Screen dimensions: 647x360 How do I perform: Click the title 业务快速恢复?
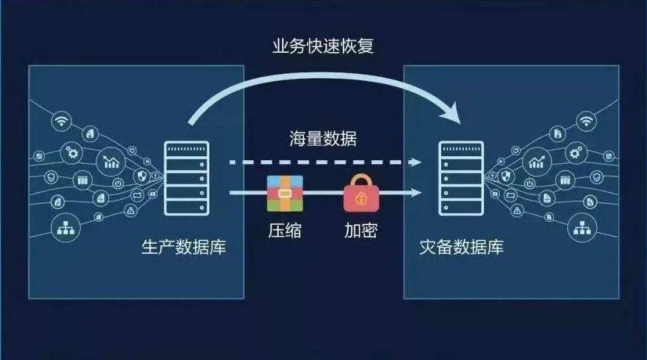pyautogui.click(x=323, y=46)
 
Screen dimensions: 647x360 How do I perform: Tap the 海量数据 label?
pyautogui.click(x=323, y=138)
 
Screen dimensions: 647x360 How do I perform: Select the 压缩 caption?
pyautogui.click(x=285, y=230)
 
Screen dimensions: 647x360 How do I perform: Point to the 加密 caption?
pyautogui.click(x=361, y=230)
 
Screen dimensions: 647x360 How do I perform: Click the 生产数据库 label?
pyautogui.click(x=184, y=247)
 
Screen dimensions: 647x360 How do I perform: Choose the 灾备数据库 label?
pyautogui.click(x=461, y=247)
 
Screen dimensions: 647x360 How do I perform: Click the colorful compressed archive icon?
pyautogui.click(x=285, y=194)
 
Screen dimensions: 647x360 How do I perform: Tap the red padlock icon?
pyautogui.click(x=361, y=193)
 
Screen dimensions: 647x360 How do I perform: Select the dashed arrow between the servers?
pyautogui.click(x=325, y=162)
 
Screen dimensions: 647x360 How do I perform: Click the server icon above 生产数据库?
pyautogui.click(x=186, y=178)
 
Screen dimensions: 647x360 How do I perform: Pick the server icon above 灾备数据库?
pyautogui.click(x=461, y=178)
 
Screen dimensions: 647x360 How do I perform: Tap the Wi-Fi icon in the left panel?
pyautogui.click(x=61, y=121)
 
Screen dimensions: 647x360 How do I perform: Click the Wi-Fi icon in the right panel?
pyautogui.click(x=586, y=122)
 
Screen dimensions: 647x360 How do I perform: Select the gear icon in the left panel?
pyautogui.click(x=72, y=154)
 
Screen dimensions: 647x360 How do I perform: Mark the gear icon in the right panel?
pyautogui.click(x=575, y=154)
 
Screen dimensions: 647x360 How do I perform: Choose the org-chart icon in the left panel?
pyautogui.click(x=66, y=228)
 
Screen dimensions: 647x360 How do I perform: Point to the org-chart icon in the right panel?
pyautogui.click(x=581, y=228)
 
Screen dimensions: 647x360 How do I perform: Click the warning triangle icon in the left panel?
pyautogui.click(x=131, y=210)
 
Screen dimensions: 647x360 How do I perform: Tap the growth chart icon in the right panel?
pyautogui.click(x=537, y=161)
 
